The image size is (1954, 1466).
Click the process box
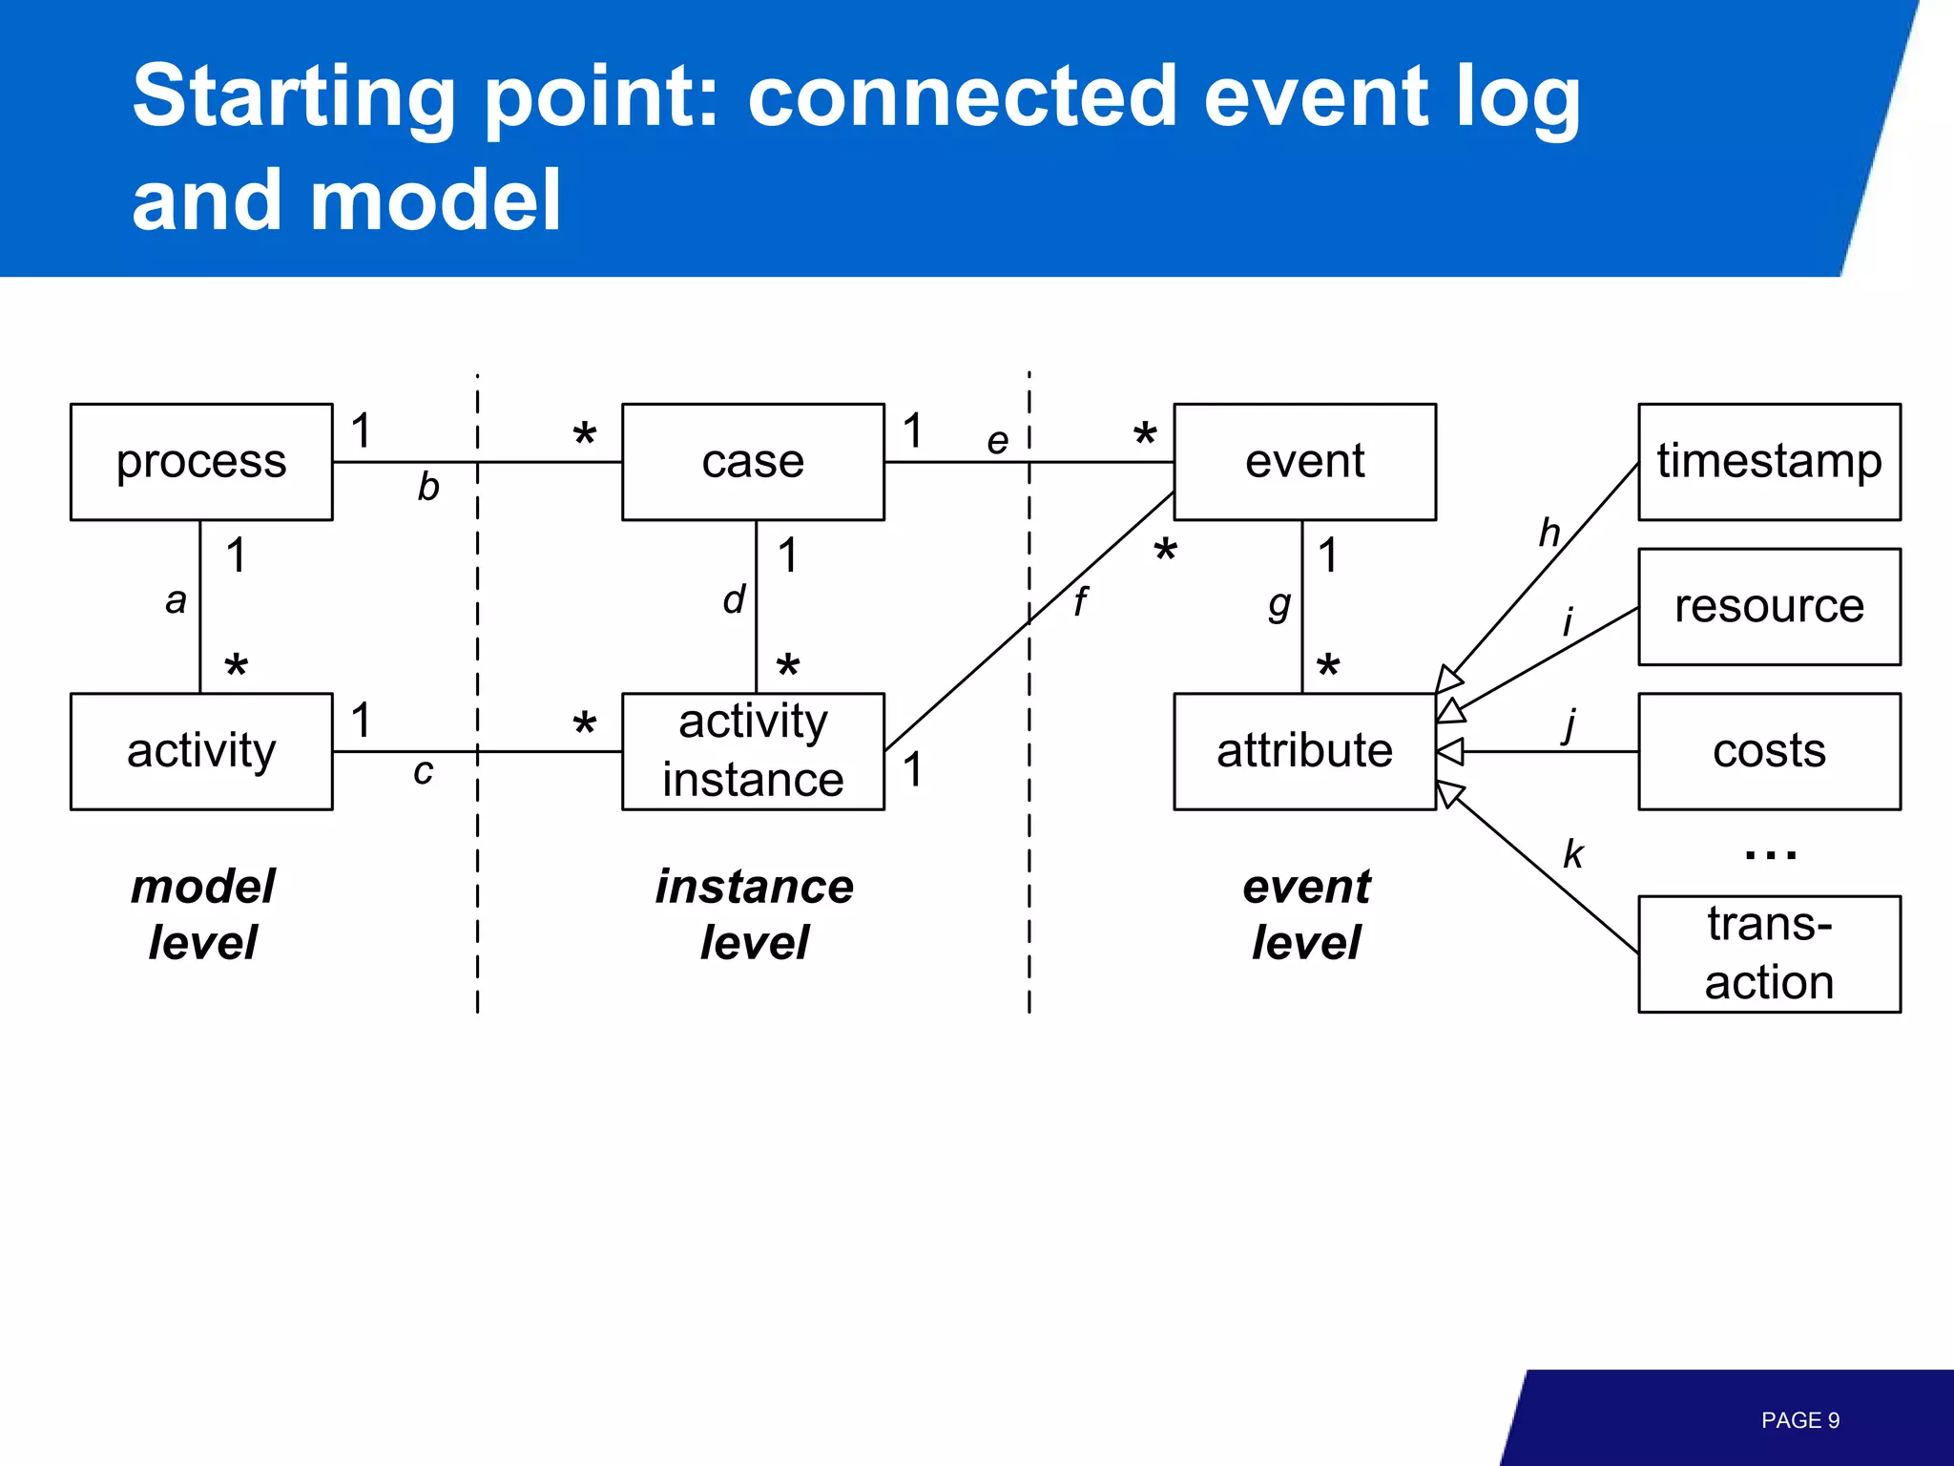(x=201, y=462)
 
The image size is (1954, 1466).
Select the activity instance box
(x=753, y=751)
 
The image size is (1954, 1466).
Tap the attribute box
(x=1304, y=751)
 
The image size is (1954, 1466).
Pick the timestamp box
(x=1769, y=462)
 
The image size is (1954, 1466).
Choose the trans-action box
(x=1769, y=953)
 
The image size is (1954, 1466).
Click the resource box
(x=1769, y=606)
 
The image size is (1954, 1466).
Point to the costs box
(x=1769, y=751)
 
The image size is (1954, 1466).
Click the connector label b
(x=428, y=488)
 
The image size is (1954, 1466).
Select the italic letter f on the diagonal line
(x=1079, y=601)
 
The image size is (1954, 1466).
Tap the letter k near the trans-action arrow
(x=1572, y=853)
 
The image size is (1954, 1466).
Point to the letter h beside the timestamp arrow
(x=1549, y=533)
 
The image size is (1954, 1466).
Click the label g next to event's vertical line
(x=1279, y=604)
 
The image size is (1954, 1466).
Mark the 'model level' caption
(x=202, y=913)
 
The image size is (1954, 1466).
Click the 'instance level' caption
(x=754, y=913)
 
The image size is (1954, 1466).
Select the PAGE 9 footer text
(x=1799, y=1420)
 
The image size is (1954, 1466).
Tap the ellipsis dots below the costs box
(x=1770, y=854)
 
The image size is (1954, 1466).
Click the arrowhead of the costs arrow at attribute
(x=1450, y=752)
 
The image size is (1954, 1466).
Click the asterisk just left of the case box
(x=585, y=435)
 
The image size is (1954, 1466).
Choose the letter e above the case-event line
(x=997, y=441)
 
